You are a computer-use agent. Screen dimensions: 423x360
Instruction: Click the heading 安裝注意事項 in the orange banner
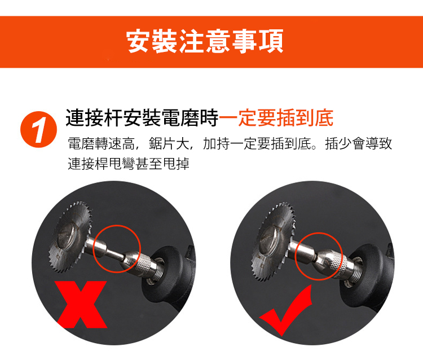(x=205, y=41)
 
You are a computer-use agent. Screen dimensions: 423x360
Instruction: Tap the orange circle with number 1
(x=38, y=129)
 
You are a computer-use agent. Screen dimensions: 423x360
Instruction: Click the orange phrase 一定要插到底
(x=276, y=117)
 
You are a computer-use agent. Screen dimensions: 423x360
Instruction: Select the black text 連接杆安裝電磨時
(x=142, y=118)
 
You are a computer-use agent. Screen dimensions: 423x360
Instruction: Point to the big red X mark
(x=81, y=304)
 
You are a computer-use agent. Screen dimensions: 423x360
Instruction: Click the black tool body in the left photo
(x=173, y=280)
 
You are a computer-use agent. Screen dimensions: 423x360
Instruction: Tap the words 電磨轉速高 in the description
(x=101, y=143)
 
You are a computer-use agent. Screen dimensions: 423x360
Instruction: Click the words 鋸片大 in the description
(x=169, y=143)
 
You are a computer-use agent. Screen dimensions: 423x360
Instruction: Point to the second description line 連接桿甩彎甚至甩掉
(x=129, y=164)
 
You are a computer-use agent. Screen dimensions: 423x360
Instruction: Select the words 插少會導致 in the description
(x=358, y=143)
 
